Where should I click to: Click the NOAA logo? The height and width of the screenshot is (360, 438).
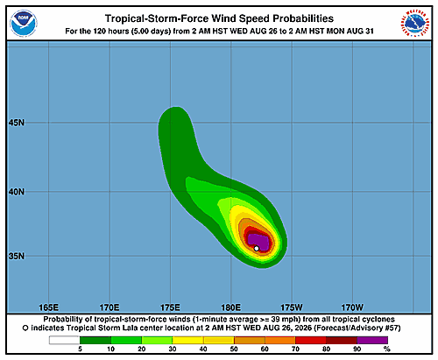(x=24, y=24)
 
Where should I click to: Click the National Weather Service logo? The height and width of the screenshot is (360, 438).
(x=415, y=24)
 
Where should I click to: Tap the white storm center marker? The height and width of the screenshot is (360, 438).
(x=257, y=249)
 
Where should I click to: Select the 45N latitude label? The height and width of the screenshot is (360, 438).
(x=17, y=123)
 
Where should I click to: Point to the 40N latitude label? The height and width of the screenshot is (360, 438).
(x=17, y=192)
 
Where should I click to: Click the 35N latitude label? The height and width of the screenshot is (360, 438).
(x=17, y=256)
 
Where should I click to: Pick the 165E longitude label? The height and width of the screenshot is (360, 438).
(x=48, y=307)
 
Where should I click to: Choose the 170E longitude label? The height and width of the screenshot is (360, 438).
(x=109, y=307)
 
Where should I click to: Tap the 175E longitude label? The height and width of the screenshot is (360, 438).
(x=170, y=307)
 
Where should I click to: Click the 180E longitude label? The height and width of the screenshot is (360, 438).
(x=230, y=307)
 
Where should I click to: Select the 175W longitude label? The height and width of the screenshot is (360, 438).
(x=292, y=307)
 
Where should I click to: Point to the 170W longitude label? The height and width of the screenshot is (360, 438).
(x=352, y=307)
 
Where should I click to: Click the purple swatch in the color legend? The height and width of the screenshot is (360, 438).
(x=372, y=340)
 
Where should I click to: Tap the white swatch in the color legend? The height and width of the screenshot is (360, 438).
(x=64, y=340)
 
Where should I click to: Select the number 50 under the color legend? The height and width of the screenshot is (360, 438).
(x=234, y=349)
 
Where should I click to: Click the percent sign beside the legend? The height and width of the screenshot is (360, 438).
(x=387, y=349)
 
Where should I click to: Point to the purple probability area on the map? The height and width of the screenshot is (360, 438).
(x=259, y=241)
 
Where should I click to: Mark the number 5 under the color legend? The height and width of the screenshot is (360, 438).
(x=80, y=349)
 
